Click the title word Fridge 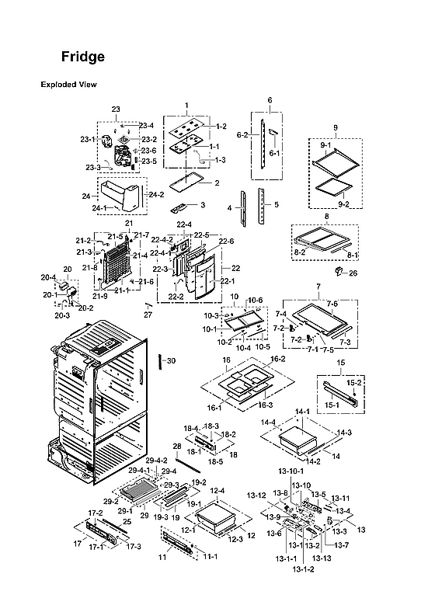[83, 57]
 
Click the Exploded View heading [68, 85]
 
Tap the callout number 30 [172, 360]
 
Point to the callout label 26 [353, 273]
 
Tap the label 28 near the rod [176, 446]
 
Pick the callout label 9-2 [346, 203]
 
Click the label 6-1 [274, 153]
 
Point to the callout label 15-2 [353, 383]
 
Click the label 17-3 [134, 547]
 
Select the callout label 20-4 [47, 277]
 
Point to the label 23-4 [146, 125]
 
